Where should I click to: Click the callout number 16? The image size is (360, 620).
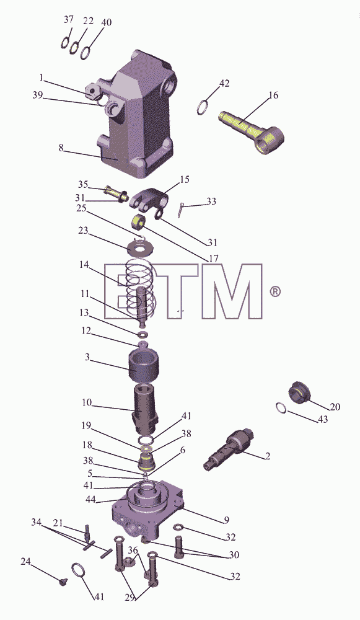coord(273,95)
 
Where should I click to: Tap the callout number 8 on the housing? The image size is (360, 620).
coord(61,148)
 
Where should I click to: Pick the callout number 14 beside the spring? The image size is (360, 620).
coord(84,266)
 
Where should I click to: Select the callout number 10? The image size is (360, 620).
coord(87,403)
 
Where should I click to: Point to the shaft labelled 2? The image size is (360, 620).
coord(229,449)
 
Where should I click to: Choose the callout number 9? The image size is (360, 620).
coord(226,520)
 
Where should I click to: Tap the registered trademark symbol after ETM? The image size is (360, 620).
coord(275,292)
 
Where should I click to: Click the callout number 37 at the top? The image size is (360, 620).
coord(69,19)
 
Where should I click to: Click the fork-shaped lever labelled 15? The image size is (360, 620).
coord(148,199)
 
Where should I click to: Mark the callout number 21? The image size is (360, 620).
coord(58,523)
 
